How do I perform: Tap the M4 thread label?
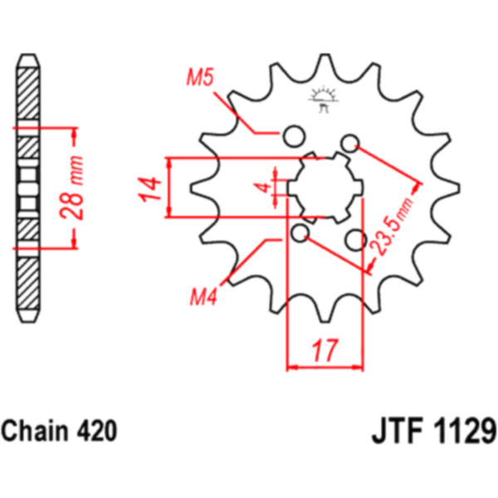coord(203,295)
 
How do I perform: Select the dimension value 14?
coord(149,188)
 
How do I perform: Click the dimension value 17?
coord(326,349)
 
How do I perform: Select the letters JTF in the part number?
coord(393,433)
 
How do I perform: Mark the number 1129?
coord(461,433)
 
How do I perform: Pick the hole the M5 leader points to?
coord(292,135)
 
